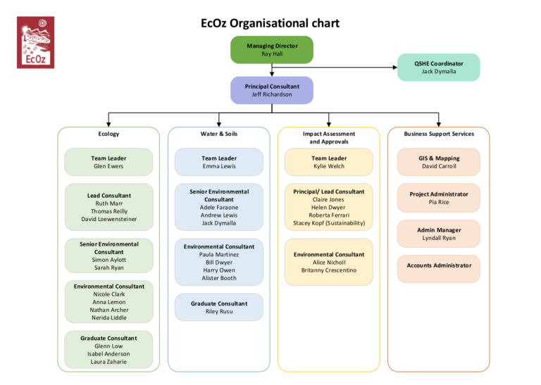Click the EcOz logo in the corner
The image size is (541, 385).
35,42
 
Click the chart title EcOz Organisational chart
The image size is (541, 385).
270,23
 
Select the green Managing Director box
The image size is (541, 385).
272,49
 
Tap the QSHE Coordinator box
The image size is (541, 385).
438,67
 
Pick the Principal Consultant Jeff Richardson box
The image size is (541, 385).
272,90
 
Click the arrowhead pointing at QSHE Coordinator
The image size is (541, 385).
394,68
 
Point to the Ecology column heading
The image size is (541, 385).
108,134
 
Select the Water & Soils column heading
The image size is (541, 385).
218,134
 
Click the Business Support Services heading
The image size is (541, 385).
439,134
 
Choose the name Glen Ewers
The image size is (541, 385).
108,166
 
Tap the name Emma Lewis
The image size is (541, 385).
218,166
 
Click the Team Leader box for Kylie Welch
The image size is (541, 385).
329,162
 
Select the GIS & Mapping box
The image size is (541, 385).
439,162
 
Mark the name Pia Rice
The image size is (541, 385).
439,202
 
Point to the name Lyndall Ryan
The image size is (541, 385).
439,238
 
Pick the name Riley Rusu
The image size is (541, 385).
218,311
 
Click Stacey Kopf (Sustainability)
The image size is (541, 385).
329,223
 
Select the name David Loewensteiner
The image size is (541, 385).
108,219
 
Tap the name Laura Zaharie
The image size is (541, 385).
108,362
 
